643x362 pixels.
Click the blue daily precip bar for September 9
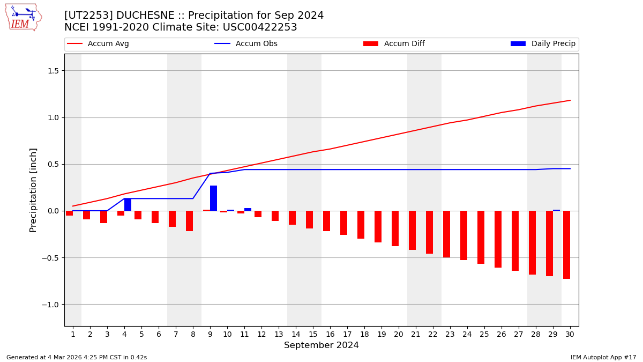(x=213, y=198)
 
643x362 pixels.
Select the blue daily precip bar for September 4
(x=128, y=205)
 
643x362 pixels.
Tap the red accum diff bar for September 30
(x=566, y=245)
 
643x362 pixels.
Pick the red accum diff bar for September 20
(x=395, y=228)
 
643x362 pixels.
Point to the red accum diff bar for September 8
(x=189, y=221)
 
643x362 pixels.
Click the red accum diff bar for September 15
(x=309, y=220)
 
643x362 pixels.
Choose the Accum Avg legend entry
(x=98, y=44)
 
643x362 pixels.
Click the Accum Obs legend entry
(x=246, y=44)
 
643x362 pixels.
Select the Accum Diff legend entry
(x=394, y=44)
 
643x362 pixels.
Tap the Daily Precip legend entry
(x=543, y=44)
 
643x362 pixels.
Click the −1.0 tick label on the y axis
(x=50, y=305)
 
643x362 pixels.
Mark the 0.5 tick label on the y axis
(x=52, y=165)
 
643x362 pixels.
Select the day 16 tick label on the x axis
(x=330, y=334)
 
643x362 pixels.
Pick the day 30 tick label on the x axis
(x=570, y=334)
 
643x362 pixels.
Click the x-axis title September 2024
(x=322, y=345)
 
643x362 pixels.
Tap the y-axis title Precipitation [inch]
(x=33, y=190)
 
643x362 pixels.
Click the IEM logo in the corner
(x=23, y=17)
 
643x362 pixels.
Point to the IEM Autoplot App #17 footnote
(x=603, y=357)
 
